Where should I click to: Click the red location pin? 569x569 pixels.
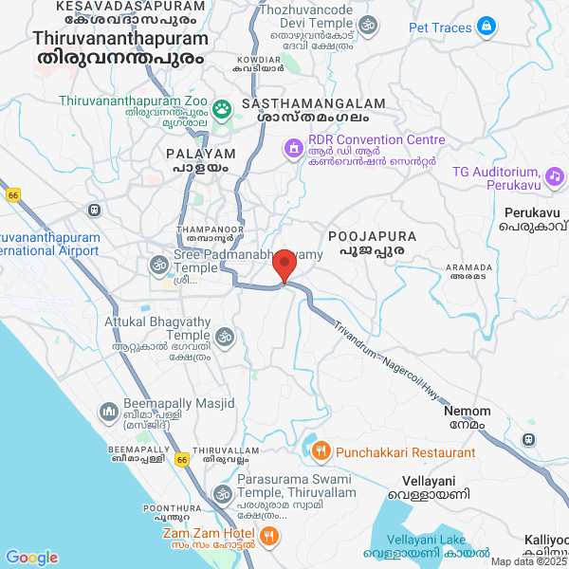pyautogui.click(x=283, y=266)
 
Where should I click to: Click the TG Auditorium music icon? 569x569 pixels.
pyautogui.click(x=556, y=175)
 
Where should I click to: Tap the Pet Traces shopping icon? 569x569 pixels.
pyautogui.click(x=486, y=27)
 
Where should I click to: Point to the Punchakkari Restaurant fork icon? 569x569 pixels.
pyautogui.click(x=321, y=451)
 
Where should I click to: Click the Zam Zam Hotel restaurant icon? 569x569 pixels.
pyautogui.click(x=269, y=537)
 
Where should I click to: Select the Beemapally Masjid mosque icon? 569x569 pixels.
pyautogui.click(x=108, y=412)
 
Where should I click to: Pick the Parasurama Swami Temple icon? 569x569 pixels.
pyautogui.click(x=223, y=494)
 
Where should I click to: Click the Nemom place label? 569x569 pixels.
pyautogui.click(x=468, y=412)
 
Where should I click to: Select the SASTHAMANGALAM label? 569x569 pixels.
pyautogui.click(x=314, y=103)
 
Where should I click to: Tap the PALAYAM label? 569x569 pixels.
pyautogui.click(x=199, y=153)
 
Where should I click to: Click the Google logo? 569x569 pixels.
pyautogui.click(x=31, y=557)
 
